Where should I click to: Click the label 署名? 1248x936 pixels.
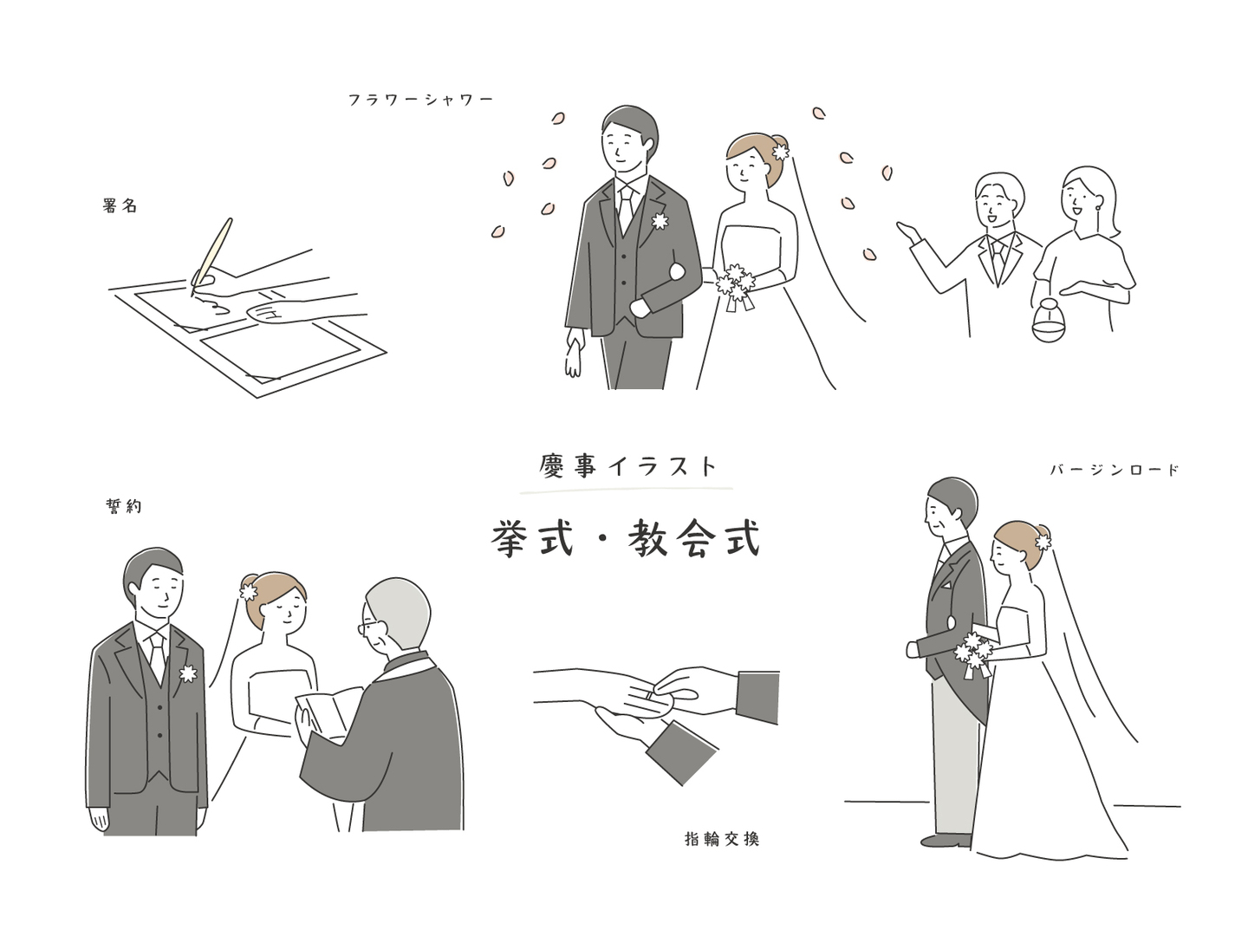click(x=120, y=205)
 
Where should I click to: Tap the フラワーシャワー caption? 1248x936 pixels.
click(x=420, y=100)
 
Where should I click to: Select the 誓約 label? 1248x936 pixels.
click(x=123, y=506)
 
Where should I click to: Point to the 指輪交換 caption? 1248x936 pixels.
click(x=722, y=839)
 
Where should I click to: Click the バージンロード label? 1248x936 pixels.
click(x=1114, y=470)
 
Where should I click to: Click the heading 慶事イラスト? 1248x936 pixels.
click(x=627, y=466)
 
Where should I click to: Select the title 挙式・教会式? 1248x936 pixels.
click(x=626, y=537)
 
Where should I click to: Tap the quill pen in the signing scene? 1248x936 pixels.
click(x=211, y=256)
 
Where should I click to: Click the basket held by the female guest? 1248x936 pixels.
click(x=1048, y=321)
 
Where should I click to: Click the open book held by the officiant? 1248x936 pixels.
click(x=328, y=712)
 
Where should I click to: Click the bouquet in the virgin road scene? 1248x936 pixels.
click(x=974, y=653)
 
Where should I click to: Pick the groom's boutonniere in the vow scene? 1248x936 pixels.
click(x=188, y=673)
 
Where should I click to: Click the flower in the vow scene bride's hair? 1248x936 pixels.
click(x=249, y=592)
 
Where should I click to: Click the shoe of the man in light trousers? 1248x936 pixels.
click(x=946, y=840)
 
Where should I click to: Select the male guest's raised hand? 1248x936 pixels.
click(x=908, y=231)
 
